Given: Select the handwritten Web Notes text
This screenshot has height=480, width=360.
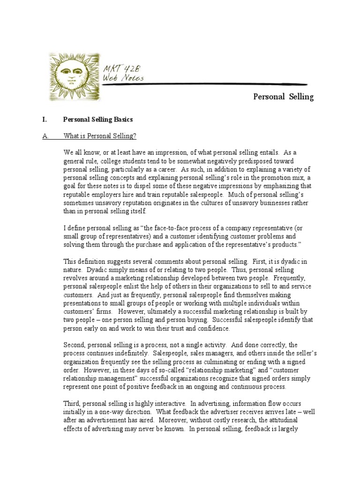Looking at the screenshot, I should [x=123, y=78].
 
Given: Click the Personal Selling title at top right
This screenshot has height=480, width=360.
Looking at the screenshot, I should [x=283, y=97].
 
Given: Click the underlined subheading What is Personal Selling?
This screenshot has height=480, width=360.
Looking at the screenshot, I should [x=100, y=136].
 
